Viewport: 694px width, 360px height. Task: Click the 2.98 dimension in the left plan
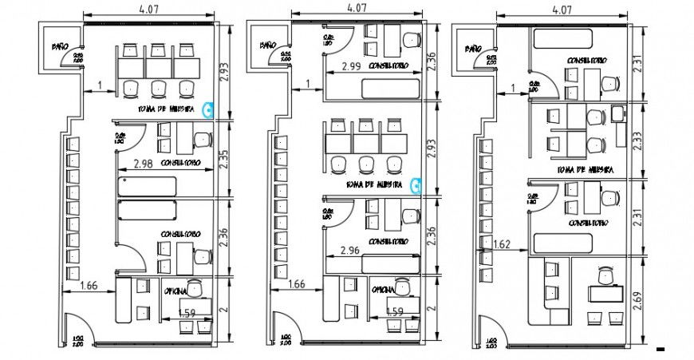coord(144,164)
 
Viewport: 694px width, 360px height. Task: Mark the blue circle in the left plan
coord(210,109)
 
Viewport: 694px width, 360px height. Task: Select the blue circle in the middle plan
coord(416,185)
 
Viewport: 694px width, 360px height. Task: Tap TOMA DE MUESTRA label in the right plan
coord(585,169)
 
